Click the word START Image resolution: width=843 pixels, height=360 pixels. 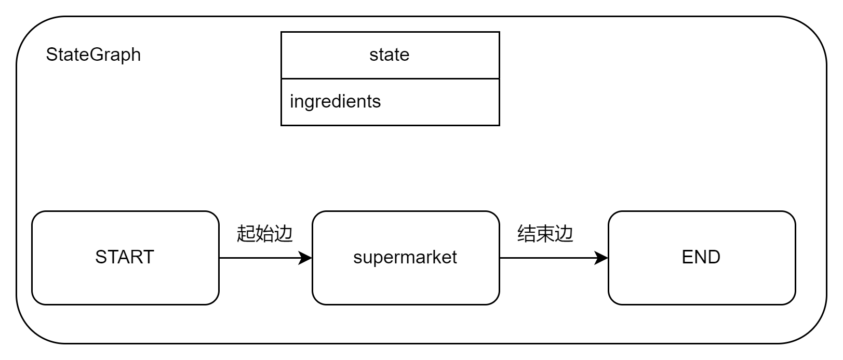tap(125, 257)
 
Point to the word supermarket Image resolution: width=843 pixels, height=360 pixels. tap(405, 257)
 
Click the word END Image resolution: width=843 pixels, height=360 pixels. tap(701, 257)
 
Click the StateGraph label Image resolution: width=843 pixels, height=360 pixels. tap(93, 55)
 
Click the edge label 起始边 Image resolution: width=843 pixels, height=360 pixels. tap(265, 234)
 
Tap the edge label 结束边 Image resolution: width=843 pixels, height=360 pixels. tap(545, 234)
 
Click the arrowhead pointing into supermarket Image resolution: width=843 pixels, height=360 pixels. tap(306, 258)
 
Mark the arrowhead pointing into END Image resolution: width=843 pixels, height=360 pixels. tap(602, 258)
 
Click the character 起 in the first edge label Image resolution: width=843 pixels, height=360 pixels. tap(246, 234)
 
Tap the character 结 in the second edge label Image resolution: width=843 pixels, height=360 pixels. tap(527, 234)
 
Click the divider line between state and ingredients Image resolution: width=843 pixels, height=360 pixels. tap(390, 79)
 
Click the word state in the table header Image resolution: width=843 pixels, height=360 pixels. tap(390, 55)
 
